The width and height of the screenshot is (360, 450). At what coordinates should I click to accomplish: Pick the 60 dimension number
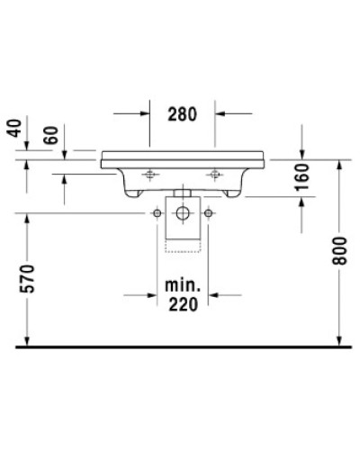point(52,136)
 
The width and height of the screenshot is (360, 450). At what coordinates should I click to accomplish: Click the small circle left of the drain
point(157,212)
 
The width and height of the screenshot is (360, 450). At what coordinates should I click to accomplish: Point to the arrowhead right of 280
point(220,114)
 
